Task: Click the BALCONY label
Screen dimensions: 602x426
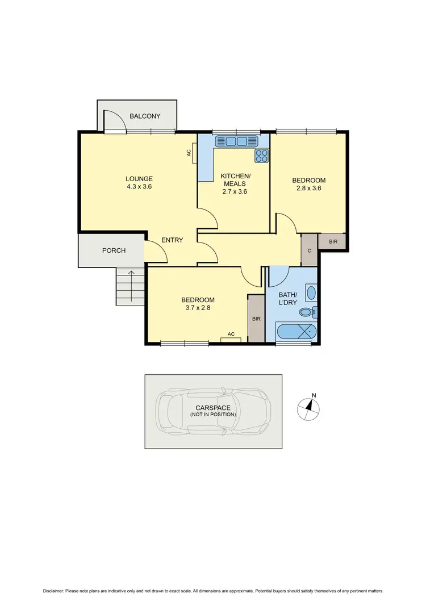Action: coord(145,116)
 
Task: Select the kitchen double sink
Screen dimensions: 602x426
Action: coord(236,141)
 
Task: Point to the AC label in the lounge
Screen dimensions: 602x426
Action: coord(189,153)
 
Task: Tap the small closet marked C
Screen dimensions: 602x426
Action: coord(309,250)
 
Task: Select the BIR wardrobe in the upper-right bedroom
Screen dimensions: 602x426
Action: coord(333,242)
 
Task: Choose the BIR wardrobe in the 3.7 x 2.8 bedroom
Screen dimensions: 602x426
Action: coord(256,319)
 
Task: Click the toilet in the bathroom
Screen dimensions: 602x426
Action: coord(307,312)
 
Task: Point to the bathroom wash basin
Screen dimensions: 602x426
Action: coord(311,294)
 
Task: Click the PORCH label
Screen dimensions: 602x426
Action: coord(114,250)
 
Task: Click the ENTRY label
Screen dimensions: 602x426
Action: coord(172,240)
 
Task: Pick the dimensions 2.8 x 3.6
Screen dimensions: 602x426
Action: coord(308,189)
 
